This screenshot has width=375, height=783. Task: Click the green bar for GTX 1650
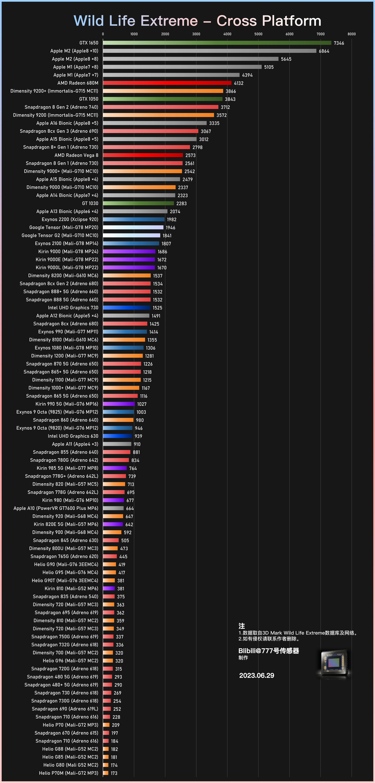coord(217,43)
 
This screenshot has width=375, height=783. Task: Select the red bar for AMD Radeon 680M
coord(167,83)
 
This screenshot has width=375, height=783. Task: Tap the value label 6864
coord(324,51)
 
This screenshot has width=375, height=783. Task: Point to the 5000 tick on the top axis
coord(258,34)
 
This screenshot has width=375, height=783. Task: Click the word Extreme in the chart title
coord(169,21)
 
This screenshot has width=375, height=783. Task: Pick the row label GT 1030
coord(90,204)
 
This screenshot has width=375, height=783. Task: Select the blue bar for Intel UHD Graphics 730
coord(126,308)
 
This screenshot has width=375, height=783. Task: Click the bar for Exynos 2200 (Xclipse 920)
coord(134,219)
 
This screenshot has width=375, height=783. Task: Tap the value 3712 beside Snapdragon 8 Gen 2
coord(225,107)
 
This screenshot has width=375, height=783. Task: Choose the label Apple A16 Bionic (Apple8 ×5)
coord(67,123)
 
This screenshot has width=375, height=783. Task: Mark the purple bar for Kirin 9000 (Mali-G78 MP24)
coord(129,251)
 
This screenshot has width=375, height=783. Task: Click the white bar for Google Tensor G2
coord(132,235)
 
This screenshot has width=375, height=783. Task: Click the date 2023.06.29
coord(256,676)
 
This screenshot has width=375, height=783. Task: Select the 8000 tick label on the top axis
coord(352,34)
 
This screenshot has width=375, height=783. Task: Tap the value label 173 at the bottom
coord(114,773)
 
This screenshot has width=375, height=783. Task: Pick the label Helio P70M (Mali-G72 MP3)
coord(69,773)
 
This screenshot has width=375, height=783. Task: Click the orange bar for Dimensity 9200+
coord(163,91)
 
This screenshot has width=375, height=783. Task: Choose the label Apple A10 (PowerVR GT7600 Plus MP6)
coord(56,508)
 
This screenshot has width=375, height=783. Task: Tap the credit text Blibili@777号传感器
coord(268,651)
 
